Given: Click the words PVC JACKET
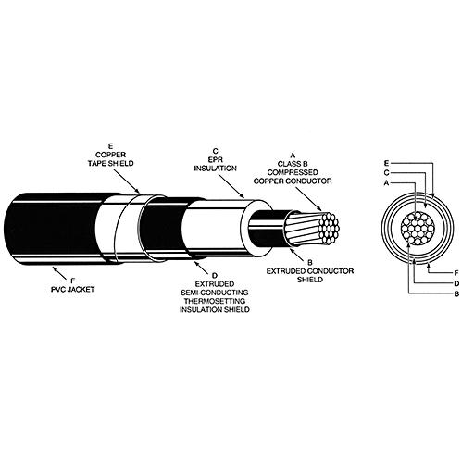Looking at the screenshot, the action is click(73, 290).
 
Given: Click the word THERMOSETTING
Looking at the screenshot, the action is click(215, 301).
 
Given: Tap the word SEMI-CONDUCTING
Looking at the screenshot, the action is click(215, 293).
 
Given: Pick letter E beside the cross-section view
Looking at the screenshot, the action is click(387, 163).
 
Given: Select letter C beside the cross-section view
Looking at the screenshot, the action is click(387, 173).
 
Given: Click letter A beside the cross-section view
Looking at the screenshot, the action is click(386, 183).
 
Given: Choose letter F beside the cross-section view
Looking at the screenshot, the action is click(456, 273).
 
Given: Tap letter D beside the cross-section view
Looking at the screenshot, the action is click(456, 283).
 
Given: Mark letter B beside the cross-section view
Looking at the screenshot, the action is click(456, 293).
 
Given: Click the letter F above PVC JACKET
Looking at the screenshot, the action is click(73, 281).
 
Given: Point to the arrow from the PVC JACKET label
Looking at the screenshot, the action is click(59, 272).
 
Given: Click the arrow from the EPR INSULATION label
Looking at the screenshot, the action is click(231, 185).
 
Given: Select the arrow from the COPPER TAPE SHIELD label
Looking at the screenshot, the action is click(127, 181).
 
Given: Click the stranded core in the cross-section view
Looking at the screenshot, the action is click(418, 228).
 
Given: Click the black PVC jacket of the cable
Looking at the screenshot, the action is click(53, 229).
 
